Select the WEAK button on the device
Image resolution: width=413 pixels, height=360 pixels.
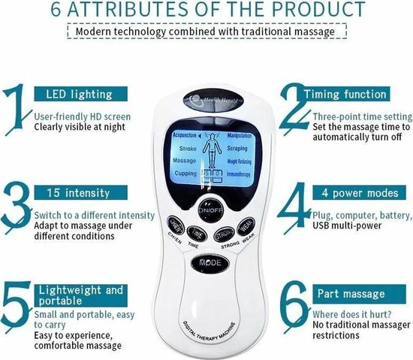pyautogui.click(x=244, y=225)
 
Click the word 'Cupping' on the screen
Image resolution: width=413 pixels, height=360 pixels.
pyautogui.click(x=185, y=173)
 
